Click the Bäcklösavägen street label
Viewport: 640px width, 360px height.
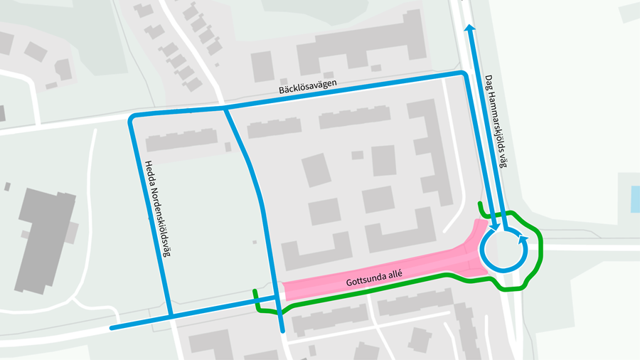[306, 88]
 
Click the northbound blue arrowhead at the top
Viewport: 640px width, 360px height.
[469, 28]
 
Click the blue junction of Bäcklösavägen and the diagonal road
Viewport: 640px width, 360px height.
[225, 109]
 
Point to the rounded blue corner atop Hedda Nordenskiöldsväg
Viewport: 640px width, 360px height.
[133, 117]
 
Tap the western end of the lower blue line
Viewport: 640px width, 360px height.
[112, 328]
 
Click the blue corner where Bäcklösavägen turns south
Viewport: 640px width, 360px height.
[464, 75]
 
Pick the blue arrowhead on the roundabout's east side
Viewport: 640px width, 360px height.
[523, 240]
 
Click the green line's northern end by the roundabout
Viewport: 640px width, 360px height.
[480, 203]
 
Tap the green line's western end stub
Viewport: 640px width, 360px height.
[255, 292]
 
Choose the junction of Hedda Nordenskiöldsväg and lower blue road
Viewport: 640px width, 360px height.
[171, 315]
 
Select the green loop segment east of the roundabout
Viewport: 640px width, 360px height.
[542, 249]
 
